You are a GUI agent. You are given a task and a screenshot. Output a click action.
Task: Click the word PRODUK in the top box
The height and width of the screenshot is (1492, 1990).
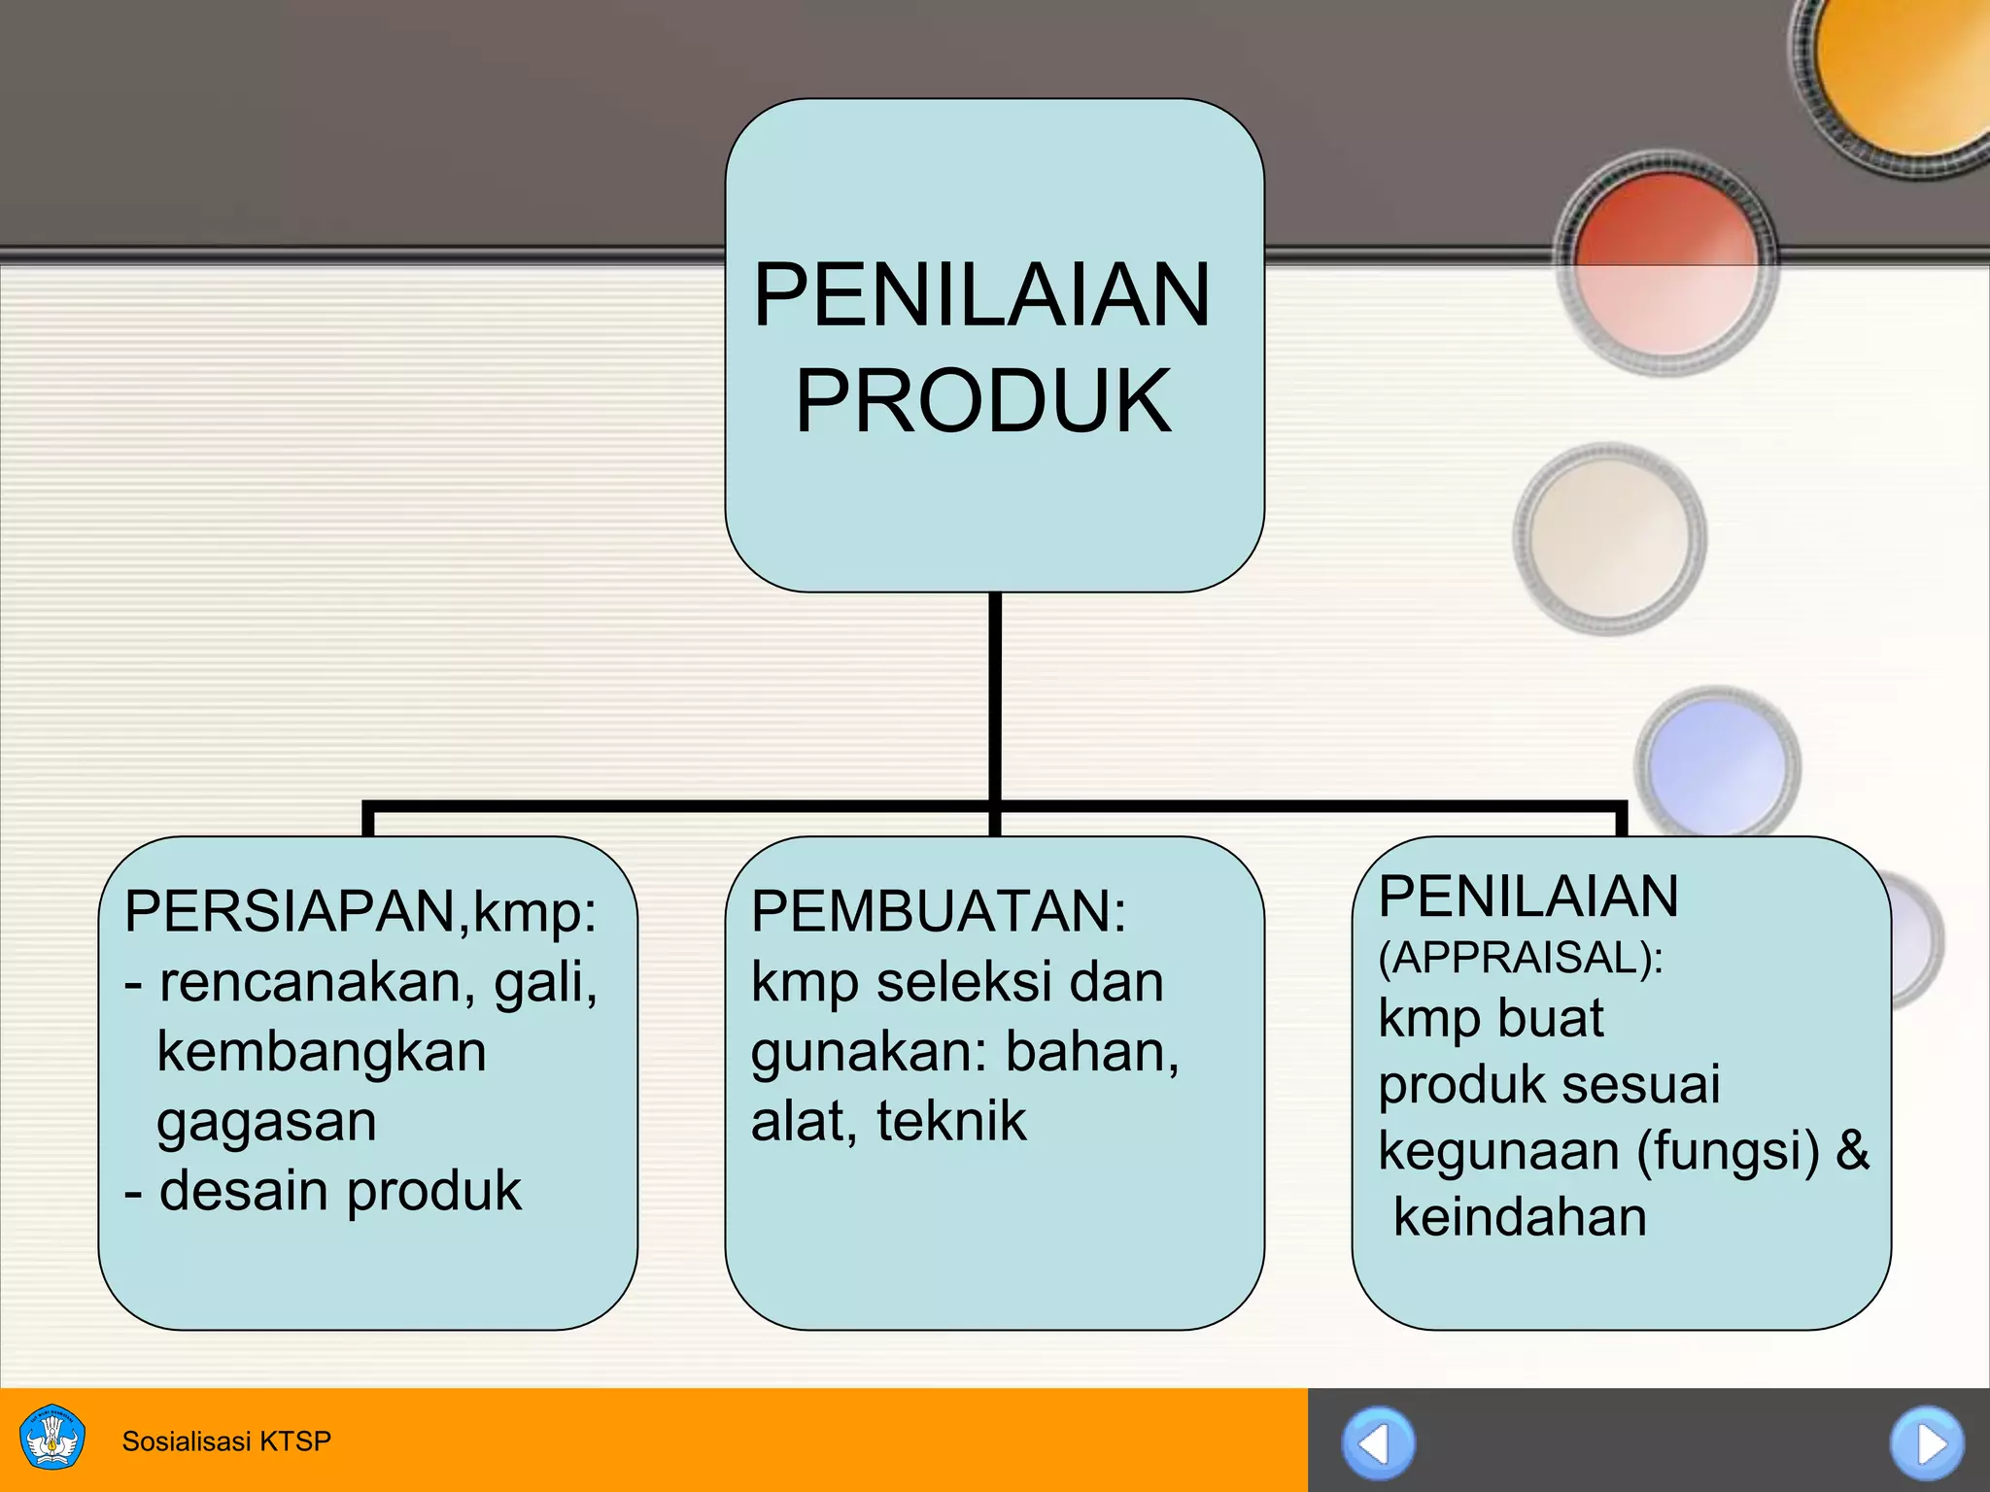coord(983,400)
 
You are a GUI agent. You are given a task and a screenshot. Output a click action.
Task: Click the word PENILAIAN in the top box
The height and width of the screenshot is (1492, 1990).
coord(982,295)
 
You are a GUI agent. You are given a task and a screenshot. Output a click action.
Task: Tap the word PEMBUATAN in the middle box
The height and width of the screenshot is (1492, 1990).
coord(934,911)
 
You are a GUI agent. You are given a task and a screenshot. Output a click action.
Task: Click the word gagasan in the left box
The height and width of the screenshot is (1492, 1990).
coord(266,1123)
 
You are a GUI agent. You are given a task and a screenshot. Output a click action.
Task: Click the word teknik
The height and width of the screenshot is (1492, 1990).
coord(950,1121)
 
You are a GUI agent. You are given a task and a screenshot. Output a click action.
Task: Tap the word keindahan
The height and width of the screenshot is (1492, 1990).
coord(1520,1217)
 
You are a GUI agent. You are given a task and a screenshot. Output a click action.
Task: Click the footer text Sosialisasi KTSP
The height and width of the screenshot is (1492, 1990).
coord(226,1441)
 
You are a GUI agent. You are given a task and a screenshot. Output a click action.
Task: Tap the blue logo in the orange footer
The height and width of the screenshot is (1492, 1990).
coord(52,1439)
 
